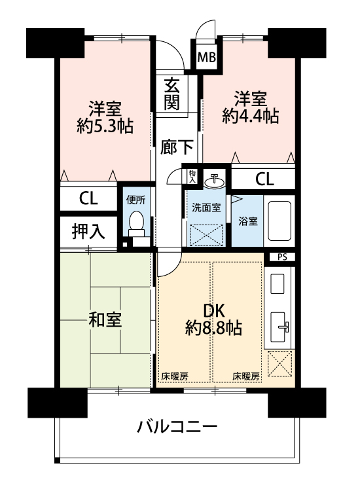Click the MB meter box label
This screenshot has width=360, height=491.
(207, 58)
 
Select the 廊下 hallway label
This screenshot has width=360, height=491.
(177, 147)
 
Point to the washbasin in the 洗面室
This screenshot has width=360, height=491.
(214, 181)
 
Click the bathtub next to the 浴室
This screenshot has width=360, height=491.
(279, 221)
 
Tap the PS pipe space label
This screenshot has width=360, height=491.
(282, 257)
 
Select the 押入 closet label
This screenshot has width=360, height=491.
(88, 231)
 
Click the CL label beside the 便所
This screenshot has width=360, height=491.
(88, 198)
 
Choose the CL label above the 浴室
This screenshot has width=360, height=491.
(264, 179)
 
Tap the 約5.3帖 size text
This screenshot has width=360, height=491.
(105, 126)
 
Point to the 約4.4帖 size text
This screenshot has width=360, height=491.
(251, 116)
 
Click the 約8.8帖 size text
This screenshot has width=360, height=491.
(213, 328)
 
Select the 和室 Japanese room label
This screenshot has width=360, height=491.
(105, 319)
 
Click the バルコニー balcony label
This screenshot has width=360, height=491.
(177, 427)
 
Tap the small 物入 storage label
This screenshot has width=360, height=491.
(192, 176)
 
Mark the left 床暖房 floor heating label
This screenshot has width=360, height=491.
(175, 376)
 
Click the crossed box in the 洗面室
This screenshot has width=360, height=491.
(206, 235)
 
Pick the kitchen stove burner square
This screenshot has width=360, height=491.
(277, 283)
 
